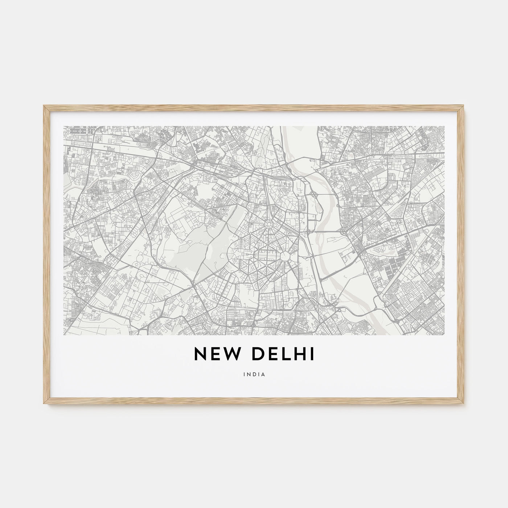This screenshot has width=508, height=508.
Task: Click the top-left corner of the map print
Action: click(64, 126)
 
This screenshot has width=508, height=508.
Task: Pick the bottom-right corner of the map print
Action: click(444, 335)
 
